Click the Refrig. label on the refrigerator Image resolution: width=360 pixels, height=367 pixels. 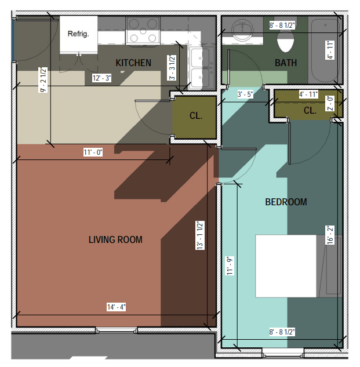78,34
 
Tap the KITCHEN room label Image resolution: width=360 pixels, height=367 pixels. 133,63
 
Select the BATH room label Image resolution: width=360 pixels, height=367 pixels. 286,63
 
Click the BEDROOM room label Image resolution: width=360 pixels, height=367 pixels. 286,202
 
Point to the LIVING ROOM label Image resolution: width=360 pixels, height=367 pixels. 115,239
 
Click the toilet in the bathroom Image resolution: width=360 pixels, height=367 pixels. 285,41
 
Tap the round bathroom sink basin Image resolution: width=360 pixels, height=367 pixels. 242,30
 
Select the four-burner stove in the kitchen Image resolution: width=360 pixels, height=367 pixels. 143,31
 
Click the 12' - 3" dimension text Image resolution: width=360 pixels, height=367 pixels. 101,78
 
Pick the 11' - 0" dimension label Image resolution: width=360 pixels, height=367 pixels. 93,152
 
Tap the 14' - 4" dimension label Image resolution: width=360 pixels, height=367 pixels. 116,307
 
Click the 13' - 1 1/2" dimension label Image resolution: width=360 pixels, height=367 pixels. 200,235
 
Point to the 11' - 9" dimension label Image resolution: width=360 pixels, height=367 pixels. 230,266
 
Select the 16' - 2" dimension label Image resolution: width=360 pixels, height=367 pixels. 330,235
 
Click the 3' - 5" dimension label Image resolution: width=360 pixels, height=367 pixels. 245,95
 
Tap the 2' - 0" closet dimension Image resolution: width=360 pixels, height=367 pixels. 330,103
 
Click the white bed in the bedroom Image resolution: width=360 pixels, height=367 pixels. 286,266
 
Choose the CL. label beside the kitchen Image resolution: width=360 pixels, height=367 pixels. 196,115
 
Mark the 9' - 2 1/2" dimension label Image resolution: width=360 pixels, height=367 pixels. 43,79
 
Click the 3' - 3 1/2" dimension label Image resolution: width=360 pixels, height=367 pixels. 172,68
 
